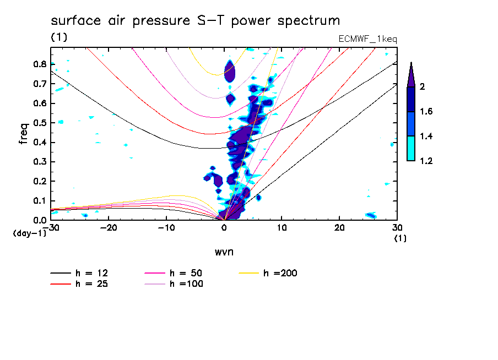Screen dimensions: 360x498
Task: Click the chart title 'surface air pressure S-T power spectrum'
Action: point(196,21)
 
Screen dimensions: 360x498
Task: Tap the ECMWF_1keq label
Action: point(367,39)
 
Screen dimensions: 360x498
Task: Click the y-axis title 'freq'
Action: point(24,134)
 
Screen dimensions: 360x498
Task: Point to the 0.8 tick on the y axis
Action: point(39,64)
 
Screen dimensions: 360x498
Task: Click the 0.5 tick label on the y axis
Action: point(39,123)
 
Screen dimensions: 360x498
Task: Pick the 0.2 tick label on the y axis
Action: point(39,182)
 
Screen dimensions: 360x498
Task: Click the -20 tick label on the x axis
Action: point(109,228)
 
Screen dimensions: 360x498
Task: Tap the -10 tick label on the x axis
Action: point(166,228)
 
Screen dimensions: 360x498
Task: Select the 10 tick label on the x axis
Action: point(282,228)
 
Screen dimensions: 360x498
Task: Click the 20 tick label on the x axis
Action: point(339,228)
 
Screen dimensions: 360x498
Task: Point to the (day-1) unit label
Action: point(30,233)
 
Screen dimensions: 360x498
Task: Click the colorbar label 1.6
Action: point(426,112)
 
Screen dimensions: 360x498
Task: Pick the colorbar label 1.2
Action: point(426,161)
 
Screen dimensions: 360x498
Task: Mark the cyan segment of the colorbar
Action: point(411,148)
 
